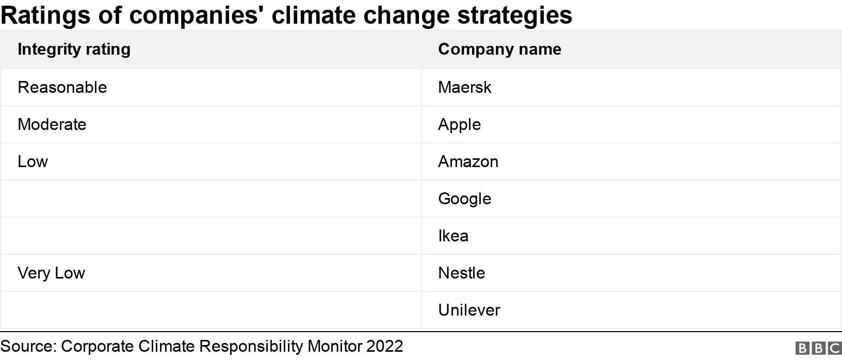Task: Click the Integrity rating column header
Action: click(x=74, y=50)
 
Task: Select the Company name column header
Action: click(x=499, y=50)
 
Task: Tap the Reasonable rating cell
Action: click(x=62, y=87)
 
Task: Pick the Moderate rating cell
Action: click(x=52, y=124)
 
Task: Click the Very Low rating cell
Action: click(x=51, y=273)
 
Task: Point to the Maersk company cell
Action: click(x=464, y=87)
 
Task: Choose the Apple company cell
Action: click(x=459, y=124)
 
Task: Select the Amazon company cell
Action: click(x=468, y=161)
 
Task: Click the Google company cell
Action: click(x=464, y=199)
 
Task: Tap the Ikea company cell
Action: click(x=453, y=236)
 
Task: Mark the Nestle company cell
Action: click(x=461, y=273)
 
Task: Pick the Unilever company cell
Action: click(x=469, y=310)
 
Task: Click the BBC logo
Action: click(x=818, y=348)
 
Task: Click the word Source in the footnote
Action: click(x=28, y=346)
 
